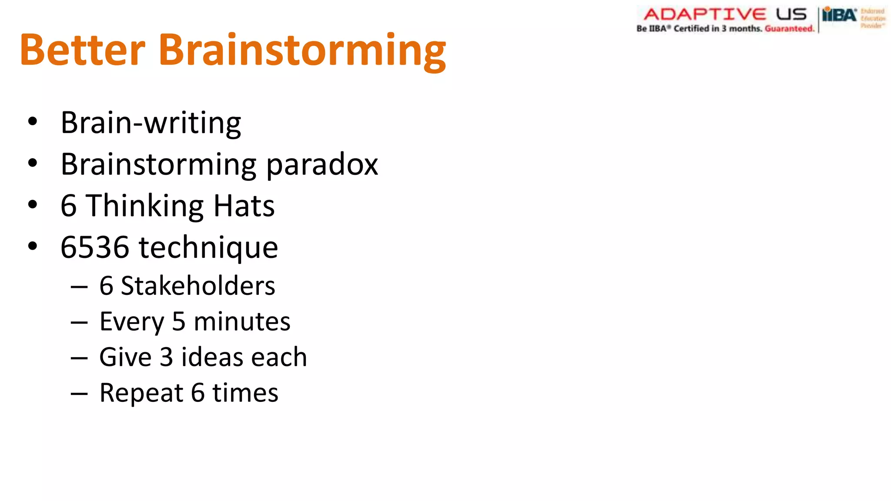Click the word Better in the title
coord(83,50)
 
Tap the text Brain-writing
coord(151,123)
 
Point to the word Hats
coord(244,206)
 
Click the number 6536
coord(95,247)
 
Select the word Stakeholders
coord(198,286)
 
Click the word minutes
coord(242,322)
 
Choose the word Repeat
coord(141,394)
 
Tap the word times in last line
coord(245,393)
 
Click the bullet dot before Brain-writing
coord(33,122)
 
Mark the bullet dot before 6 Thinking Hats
coord(33,204)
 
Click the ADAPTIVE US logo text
coord(725,14)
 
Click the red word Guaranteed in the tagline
coord(789,29)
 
